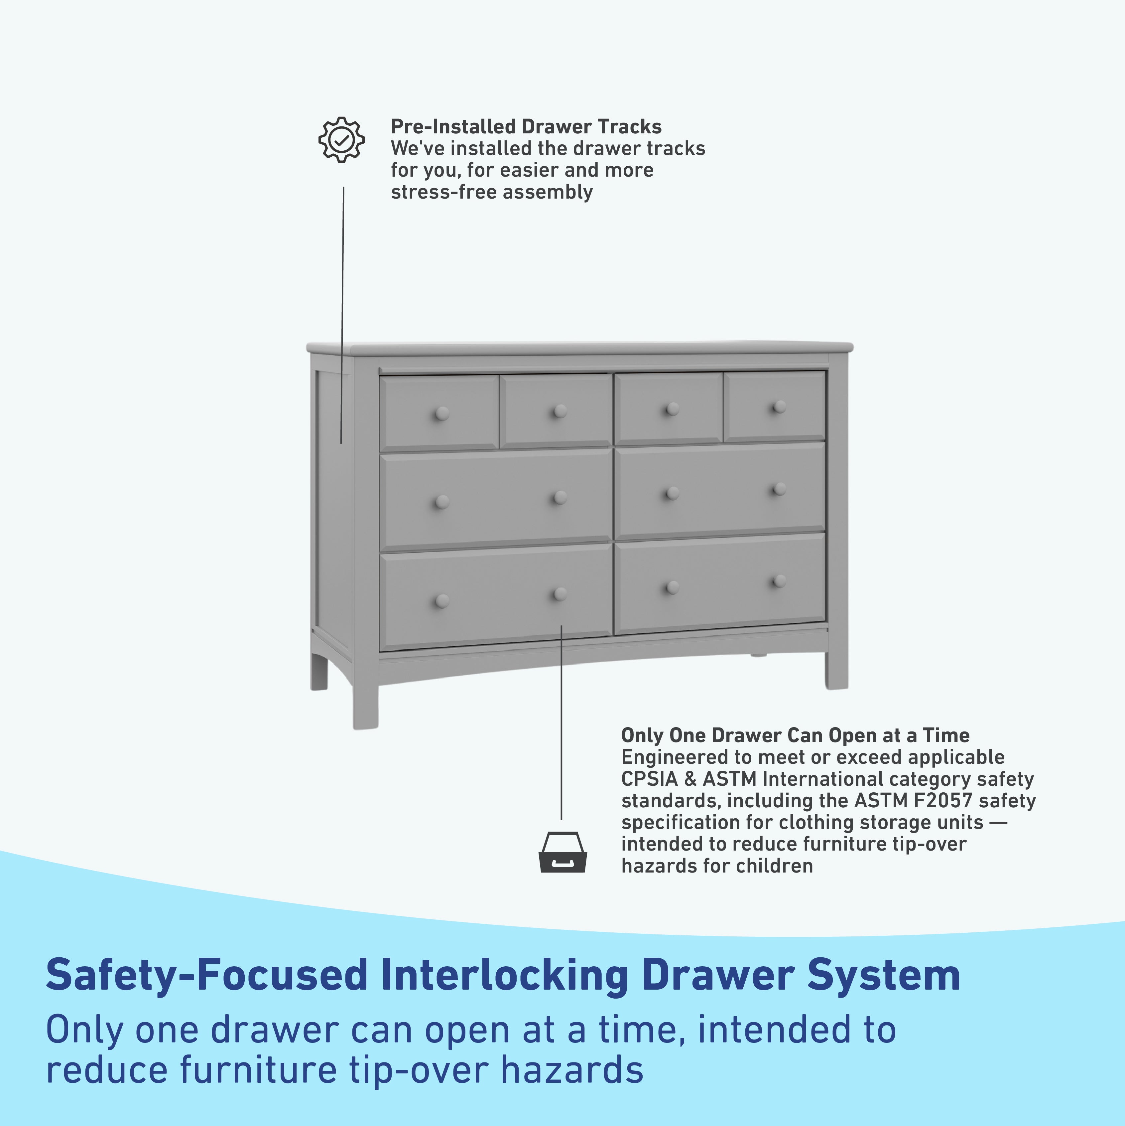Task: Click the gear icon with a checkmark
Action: point(341,139)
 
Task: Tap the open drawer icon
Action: point(562,852)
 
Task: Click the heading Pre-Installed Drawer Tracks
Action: point(526,126)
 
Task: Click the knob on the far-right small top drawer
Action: point(779,407)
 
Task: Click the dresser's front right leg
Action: point(837,670)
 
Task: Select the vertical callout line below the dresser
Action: point(561,723)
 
